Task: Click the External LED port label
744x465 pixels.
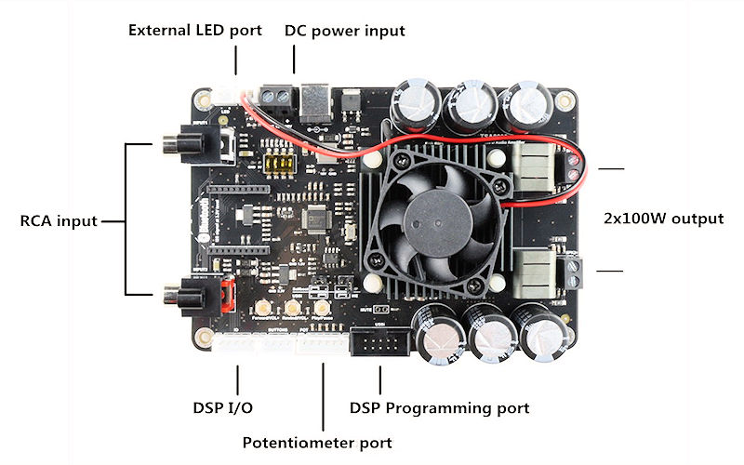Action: (195, 31)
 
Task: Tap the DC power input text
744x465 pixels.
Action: (344, 31)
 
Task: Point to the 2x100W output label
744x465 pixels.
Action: (662, 219)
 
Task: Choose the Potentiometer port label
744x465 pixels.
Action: (317, 442)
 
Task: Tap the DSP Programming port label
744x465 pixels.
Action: (439, 407)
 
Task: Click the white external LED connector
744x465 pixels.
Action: (229, 93)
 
